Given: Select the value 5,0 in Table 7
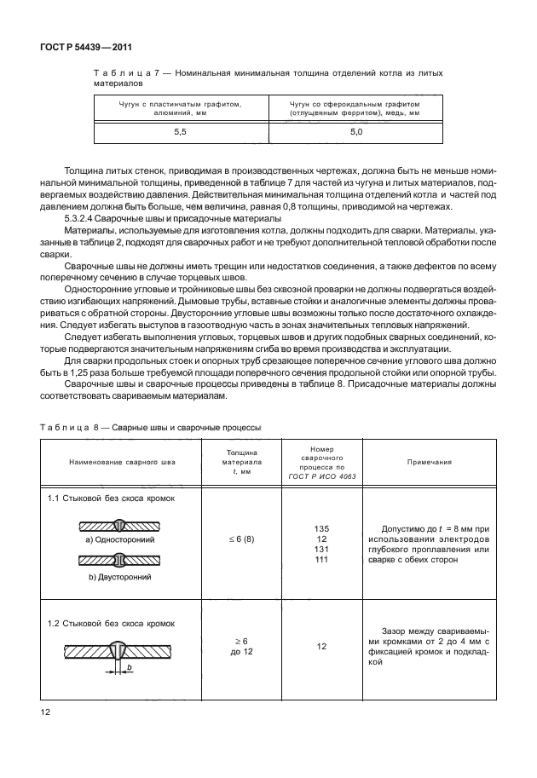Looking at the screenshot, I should point(355,133).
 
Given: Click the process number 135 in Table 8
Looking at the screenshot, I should point(321,529).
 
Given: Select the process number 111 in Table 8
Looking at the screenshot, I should point(321,560).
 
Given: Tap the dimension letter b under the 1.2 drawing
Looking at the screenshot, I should point(129,667).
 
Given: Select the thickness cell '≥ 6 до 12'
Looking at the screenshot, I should point(234,646).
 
